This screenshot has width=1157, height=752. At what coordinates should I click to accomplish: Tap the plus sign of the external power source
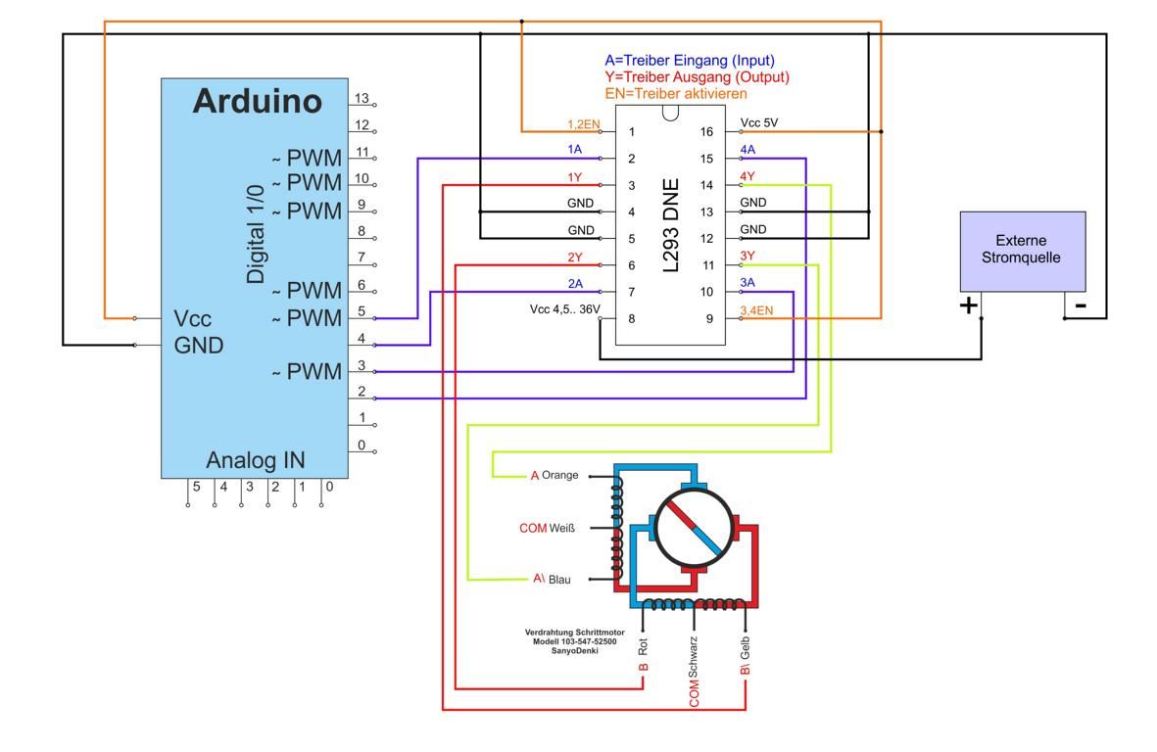968,305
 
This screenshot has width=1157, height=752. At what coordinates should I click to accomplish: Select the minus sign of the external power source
1080,305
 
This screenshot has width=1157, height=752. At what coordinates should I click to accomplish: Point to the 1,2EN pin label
583,124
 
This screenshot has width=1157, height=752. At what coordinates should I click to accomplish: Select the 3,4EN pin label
757,310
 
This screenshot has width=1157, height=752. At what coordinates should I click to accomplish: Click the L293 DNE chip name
671,224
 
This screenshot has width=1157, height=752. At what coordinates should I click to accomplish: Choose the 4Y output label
747,177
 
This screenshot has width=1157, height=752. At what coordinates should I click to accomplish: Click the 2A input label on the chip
575,283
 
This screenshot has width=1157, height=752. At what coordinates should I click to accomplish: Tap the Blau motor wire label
558,580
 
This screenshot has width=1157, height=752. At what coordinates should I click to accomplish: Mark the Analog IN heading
255,460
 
